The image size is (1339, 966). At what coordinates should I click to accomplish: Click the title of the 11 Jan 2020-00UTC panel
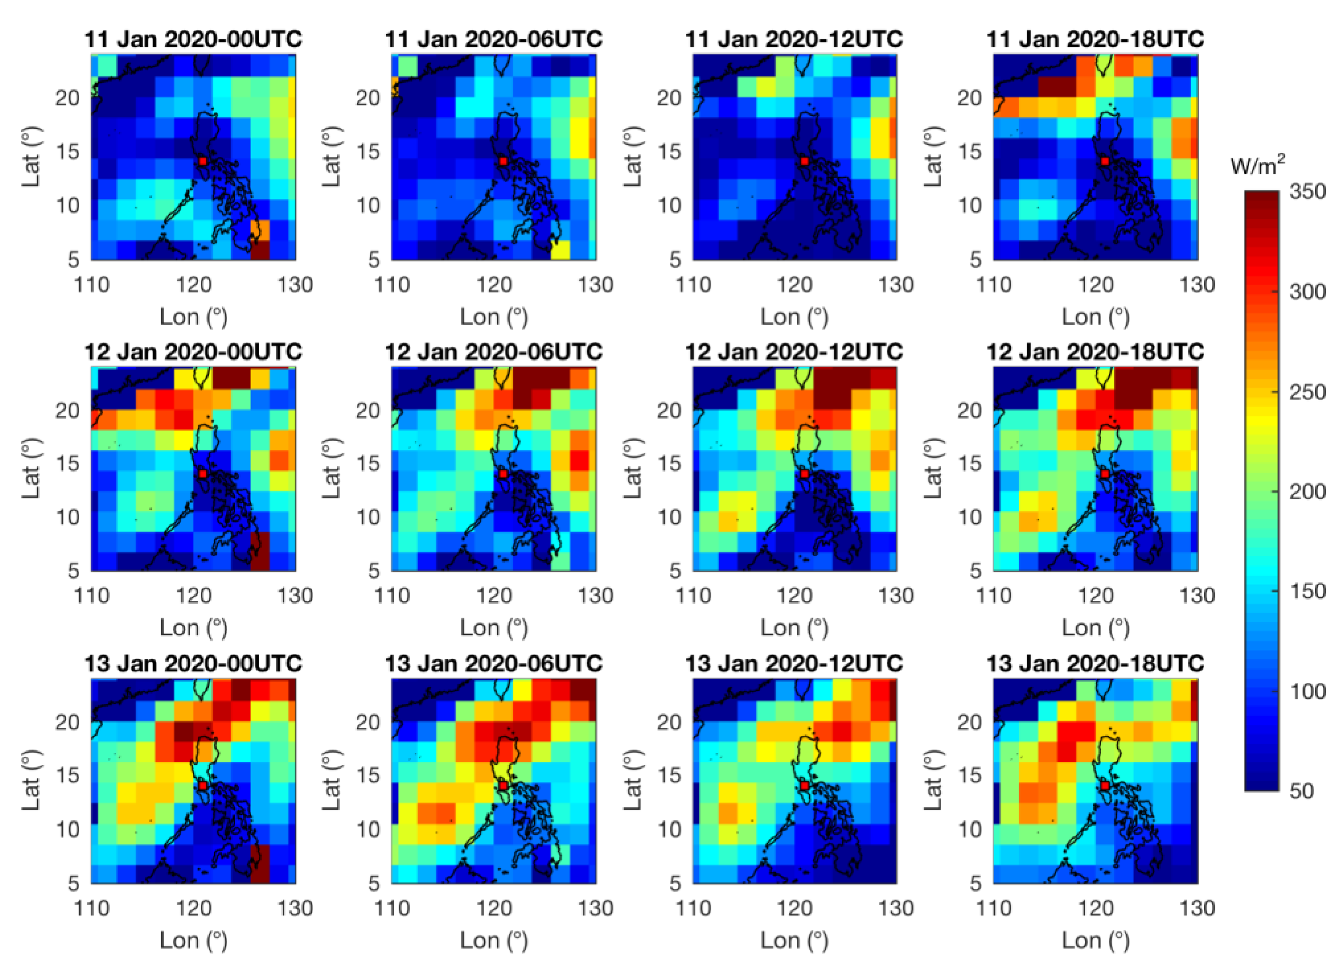point(193,40)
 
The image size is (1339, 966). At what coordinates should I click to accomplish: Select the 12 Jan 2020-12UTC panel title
point(794,352)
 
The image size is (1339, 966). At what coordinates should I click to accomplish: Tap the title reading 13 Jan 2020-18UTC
point(1095,664)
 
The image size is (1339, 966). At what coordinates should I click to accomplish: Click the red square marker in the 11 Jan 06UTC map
point(503,161)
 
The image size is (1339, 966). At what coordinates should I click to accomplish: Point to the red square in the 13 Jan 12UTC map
point(804,785)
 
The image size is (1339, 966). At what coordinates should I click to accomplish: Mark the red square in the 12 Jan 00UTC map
point(203,474)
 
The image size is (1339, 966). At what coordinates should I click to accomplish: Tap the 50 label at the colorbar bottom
point(1301,791)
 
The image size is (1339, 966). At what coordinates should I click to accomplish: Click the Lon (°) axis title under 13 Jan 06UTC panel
point(494,940)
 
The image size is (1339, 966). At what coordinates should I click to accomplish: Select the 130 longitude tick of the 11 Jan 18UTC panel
point(1197,285)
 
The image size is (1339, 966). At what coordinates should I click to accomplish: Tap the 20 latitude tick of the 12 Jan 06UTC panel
point(368,410)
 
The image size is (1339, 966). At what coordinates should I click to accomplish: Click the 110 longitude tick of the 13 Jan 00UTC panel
point(92,908)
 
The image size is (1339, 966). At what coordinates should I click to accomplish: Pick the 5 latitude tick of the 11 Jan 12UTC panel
point(675,260)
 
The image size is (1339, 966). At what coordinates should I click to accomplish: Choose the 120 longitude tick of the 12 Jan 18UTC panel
point(1096,596)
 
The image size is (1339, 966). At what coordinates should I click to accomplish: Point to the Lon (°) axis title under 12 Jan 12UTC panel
point(794,628)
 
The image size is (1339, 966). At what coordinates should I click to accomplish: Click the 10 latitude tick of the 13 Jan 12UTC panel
point(669,829)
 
